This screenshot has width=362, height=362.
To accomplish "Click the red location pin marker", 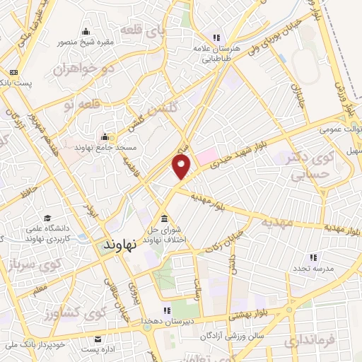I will tap(182, 167).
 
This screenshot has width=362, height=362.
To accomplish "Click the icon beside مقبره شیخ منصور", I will tap(86, 30).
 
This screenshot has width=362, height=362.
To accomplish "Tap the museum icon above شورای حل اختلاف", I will tap(165, 218).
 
